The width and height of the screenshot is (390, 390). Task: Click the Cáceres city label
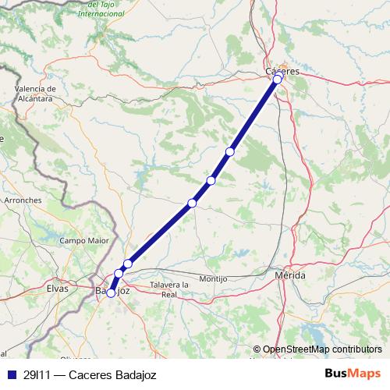pos(282,72)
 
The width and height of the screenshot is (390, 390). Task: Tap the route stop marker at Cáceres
pos(278,79)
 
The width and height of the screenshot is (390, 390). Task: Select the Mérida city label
pos(290,276)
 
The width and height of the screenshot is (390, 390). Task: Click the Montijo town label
pos(213,278)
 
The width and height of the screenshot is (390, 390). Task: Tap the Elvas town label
pos(58,288)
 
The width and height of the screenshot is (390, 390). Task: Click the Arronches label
pos(23,200)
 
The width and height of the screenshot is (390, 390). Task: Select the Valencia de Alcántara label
pos(34,94)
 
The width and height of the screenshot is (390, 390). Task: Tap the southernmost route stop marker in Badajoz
pos(111,292)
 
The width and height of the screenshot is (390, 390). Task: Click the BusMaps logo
pos(353,374)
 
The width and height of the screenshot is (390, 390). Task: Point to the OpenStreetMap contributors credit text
pos(322,350)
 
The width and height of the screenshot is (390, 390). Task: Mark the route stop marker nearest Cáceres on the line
pos(229,151)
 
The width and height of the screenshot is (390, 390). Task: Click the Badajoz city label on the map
pos(112,290)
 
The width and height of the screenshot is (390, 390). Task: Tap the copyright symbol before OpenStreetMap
pos(257,350)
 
